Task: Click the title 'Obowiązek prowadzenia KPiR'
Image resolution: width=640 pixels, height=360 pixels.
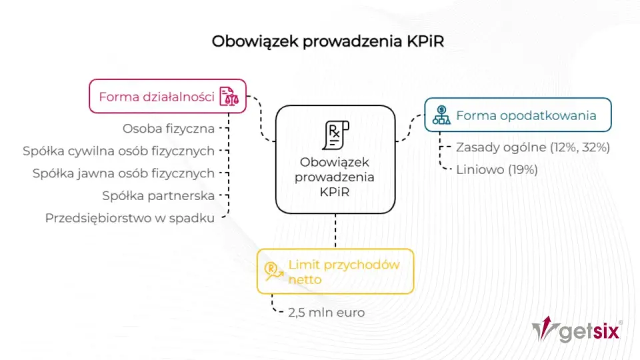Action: [328, 41]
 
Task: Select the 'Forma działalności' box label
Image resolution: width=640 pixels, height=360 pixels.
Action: [157, 97]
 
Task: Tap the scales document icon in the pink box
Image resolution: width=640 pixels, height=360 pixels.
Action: [229, 96]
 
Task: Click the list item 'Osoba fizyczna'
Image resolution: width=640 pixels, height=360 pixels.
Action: [169, 129]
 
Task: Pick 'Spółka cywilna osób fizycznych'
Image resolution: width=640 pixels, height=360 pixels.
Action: [119, 151]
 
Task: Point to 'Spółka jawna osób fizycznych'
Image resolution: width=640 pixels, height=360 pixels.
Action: [124, 173]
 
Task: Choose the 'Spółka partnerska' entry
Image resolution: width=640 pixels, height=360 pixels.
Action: [159, 196]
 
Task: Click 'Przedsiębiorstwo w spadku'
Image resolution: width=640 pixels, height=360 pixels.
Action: [130, 219]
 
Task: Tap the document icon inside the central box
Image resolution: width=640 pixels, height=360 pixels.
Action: [335, 135]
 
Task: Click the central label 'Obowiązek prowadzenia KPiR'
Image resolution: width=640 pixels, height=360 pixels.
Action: [335, 177]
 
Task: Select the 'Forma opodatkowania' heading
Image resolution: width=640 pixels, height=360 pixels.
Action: [526, 115]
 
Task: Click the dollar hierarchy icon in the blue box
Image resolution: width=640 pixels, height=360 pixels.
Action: [441, 115]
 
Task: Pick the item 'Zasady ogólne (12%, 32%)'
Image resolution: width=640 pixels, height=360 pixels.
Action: [533, 147]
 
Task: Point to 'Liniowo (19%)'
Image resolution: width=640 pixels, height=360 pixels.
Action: [497, 170]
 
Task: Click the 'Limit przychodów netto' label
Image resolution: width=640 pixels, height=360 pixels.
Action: [344, 272]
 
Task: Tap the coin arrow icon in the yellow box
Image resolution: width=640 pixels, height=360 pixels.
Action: [273, 271]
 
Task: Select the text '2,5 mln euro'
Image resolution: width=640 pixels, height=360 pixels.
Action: [327, 313]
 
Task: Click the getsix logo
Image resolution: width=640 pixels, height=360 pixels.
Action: [577, 329]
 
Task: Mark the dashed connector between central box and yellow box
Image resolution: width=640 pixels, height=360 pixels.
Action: [335, 231]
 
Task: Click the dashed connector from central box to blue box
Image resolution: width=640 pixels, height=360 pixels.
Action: [410, 128]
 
